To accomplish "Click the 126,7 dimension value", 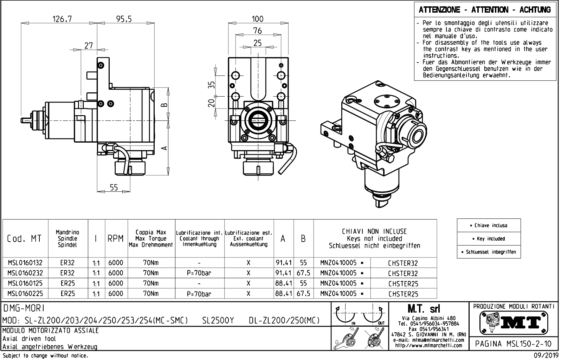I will coord(62,19).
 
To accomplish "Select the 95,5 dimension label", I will coord(124,19).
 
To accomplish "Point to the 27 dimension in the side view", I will coord(89,45).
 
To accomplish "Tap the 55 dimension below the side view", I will coord(113,188).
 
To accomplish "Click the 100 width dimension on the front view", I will coord(258,19).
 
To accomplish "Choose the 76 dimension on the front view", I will coord(258,31).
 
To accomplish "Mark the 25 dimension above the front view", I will coord(258,43).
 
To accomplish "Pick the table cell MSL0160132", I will coord(25,263).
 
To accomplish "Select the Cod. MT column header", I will coord(24,238).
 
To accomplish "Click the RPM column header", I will coord(116,238).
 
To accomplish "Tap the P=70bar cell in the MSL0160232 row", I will coord(199,273).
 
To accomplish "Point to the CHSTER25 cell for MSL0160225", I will coord(403,294).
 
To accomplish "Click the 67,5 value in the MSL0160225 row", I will coord(303,294).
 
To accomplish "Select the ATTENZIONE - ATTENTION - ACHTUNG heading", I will coord(485,10).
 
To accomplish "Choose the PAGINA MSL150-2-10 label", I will coord(513,344).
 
